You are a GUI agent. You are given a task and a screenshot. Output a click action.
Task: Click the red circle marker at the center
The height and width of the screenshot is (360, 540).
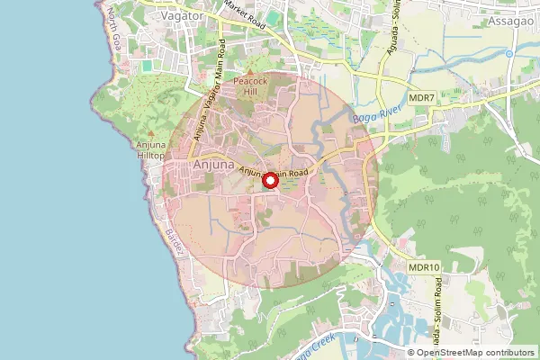pyautogui.click(x=269, y=182)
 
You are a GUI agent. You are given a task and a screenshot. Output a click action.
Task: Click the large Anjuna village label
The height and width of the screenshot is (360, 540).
pyautogui.click(x=213, y=166)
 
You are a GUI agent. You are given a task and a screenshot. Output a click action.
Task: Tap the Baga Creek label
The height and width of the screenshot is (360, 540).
pyautogui.click(x=310, y=349)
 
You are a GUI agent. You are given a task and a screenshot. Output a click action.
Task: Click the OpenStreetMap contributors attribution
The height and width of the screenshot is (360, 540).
pyautogui.click(x=473, y=353)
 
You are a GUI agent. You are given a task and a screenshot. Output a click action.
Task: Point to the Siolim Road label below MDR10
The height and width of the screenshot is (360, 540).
pyautogui.click(x=439, y=306)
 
